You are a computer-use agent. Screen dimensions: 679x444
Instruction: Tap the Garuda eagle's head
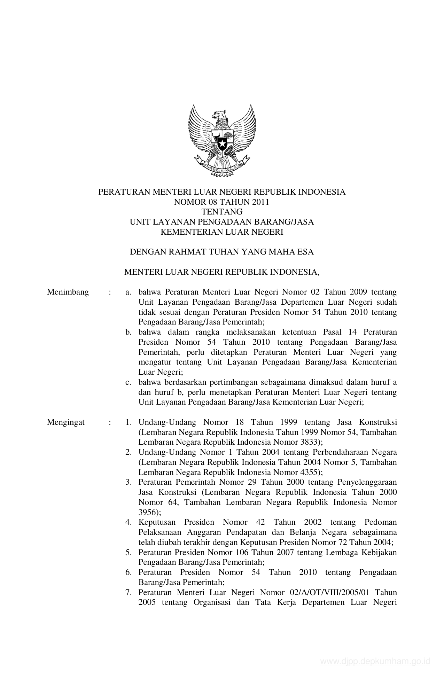[x=219, y=115]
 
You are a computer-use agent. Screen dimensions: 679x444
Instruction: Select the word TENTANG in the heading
[x=222, y=212]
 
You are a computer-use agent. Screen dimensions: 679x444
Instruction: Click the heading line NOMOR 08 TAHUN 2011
[x=222, y=202]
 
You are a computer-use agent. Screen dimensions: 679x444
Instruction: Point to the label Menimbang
[x=68, y=292]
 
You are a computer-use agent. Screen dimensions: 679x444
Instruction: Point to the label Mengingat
[x=66, y=422]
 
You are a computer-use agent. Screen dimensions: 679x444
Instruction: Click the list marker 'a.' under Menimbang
[x=128, y=292]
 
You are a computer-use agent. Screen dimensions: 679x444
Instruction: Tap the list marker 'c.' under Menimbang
[x=128, y=382]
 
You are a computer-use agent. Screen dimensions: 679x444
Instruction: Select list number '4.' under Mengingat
[x=128, y=522]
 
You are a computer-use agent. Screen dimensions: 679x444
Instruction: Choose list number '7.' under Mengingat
[x=128, y=592]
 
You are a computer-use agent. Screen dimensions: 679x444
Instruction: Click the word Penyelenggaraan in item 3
[x=367, y=482]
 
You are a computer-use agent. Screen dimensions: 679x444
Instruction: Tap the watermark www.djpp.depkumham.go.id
[x=375, y=662]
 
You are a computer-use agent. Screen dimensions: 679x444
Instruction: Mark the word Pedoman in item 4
[x=380, y=522]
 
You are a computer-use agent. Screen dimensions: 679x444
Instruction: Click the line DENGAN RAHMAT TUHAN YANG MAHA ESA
[x=222, y=252]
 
